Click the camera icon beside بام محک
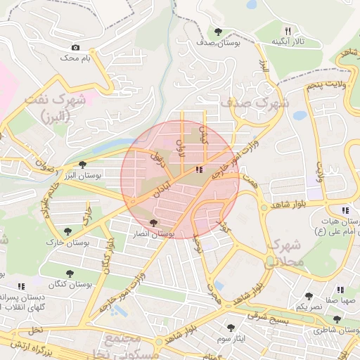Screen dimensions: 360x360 75,48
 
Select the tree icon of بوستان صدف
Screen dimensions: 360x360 219,31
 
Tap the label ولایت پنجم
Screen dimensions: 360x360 327,85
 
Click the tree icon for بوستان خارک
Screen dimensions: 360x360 67,231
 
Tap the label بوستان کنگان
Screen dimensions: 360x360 67,284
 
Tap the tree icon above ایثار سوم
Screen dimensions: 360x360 231,327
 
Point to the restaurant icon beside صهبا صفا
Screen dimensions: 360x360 341,289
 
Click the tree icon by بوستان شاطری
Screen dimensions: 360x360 337,319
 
